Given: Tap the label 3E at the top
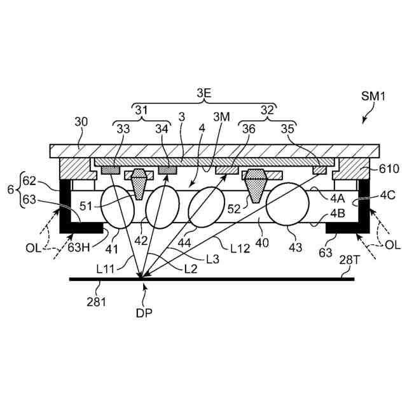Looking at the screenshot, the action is pos(204,93).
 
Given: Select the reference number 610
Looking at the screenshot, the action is pos(390,169).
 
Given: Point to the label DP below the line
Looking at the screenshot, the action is pos(144,312).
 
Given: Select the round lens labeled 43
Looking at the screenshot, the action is pos(287,203).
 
